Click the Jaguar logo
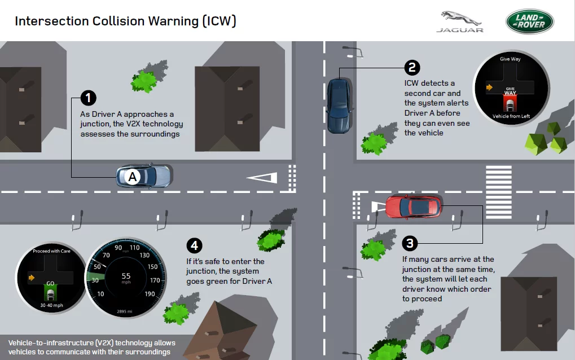click(x=459, y=21)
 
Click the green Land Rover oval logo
click(x=529, y=21)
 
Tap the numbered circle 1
click(x=87, y=98)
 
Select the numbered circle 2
click(x=412, y=67)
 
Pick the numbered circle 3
click(x=410, y=243)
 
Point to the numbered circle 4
click(x=194, y=245)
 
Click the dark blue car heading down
click(x=339, y=105)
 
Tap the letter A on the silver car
click(x=133, y=177)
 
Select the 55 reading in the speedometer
click(x=126, y=276)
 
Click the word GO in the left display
click(x=50, y=284)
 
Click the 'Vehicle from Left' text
click(x=511, y=116)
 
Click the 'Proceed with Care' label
click(x=51, y=251)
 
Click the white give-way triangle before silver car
click(x=262, y=178)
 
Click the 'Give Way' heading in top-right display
click(x=510, y=59)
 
